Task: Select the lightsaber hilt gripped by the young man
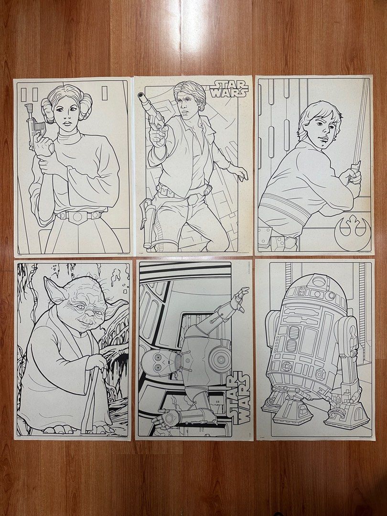355,172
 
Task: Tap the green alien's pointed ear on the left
54,290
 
